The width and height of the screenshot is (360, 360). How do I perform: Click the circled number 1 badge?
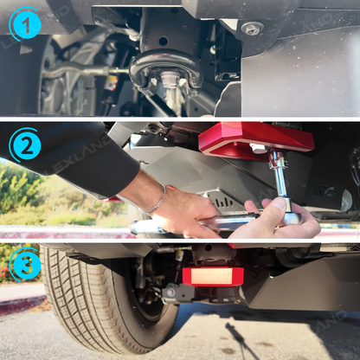[25, 25]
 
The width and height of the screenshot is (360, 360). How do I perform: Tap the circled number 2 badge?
[25, 145]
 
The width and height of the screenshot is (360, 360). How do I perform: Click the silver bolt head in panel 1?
[252, 29]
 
